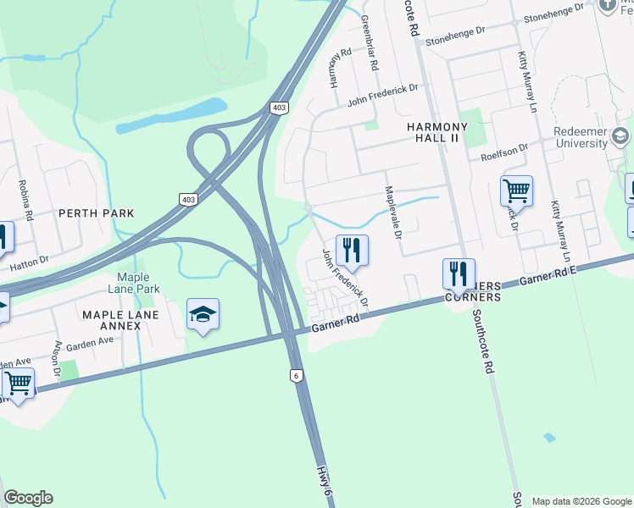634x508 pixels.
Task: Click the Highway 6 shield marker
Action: (x=296, y=375)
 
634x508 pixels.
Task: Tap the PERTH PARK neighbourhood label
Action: (x=97, y=213)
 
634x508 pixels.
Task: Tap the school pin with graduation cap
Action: (x=203, y=315)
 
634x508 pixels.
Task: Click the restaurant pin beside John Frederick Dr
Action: (x=352, y=250)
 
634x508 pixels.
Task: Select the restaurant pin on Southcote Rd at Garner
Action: (x=459, y=273)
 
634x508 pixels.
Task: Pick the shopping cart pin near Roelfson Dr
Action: (x=516, y=191)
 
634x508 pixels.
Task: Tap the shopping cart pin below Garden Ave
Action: (x=18, y=384)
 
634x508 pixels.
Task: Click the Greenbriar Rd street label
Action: (x=369, y=41)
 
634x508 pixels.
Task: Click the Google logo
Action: (x=28, y=498)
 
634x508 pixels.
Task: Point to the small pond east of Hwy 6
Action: (x=550, y=438)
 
